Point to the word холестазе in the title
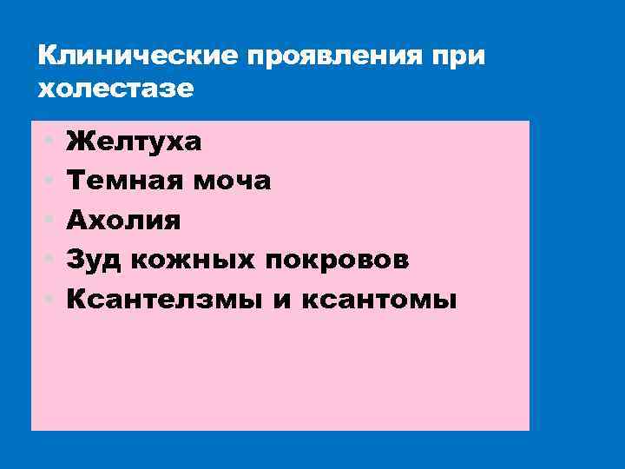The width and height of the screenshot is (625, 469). tap(116, 89)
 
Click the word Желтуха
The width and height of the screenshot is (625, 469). tap(135, 141)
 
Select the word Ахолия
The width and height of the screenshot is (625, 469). tap(124, 221)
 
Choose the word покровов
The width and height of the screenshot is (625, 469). tap(343, 261)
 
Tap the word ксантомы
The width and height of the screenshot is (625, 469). tap(378, 301)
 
